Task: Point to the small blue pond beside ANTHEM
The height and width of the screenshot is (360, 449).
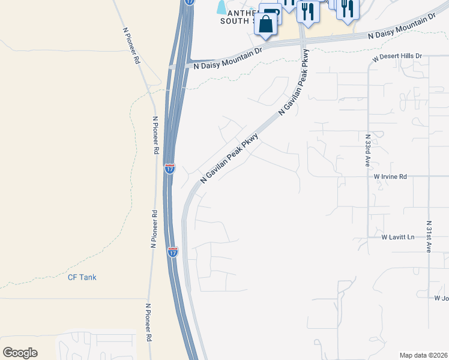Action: [222, 7]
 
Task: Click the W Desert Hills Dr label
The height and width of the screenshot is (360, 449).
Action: [397, 56]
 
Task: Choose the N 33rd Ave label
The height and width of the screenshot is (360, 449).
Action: [367, 150]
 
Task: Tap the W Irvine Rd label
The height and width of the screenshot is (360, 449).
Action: [390, 176]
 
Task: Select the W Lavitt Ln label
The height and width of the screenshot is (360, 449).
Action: [398, 238]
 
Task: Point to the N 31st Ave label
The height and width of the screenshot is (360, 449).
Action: [429, 236]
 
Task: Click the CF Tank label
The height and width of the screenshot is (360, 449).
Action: [82, 277]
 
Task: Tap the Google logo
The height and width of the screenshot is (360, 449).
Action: [20, 352]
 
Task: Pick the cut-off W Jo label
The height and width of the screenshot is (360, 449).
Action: [441, 298]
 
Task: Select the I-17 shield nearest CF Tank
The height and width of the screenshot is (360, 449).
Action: [173, 252]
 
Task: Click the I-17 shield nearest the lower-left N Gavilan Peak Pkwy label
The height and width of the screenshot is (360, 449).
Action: [170, 169]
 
